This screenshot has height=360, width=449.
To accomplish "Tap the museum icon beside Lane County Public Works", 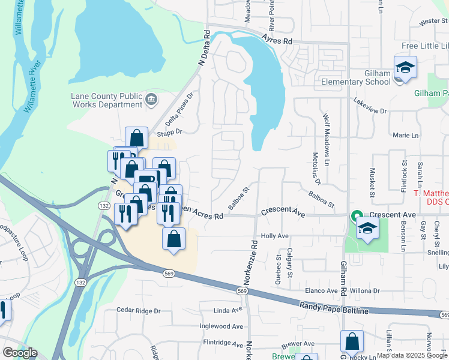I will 151,98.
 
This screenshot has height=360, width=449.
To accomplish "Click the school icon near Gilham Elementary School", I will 405,67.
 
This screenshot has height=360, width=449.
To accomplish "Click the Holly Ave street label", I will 276,236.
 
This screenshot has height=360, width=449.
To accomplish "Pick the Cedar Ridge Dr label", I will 139,311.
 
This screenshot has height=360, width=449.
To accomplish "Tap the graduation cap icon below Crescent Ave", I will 367,228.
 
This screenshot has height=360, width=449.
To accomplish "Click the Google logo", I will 20,353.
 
